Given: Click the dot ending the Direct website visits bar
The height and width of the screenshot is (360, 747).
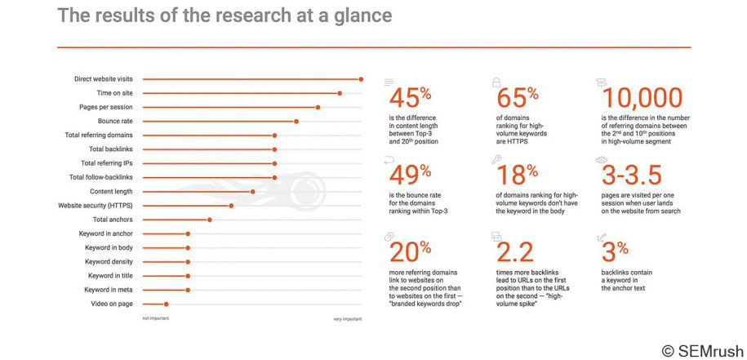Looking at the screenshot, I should (x=361, y=79).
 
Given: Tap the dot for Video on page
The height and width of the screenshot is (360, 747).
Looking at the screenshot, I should (x=166, y=304).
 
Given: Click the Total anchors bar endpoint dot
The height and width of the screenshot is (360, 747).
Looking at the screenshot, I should (x=210, y=220).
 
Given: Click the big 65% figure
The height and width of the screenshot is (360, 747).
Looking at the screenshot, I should (x=517, y=98).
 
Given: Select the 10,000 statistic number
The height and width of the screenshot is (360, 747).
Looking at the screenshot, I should (x=643, y=98).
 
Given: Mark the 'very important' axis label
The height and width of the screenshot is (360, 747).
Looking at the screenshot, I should (x=347, y=318).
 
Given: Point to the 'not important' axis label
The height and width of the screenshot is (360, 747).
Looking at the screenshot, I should (x=156, y=318).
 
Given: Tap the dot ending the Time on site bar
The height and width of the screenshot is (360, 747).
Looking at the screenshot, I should (x=340, y=93).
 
